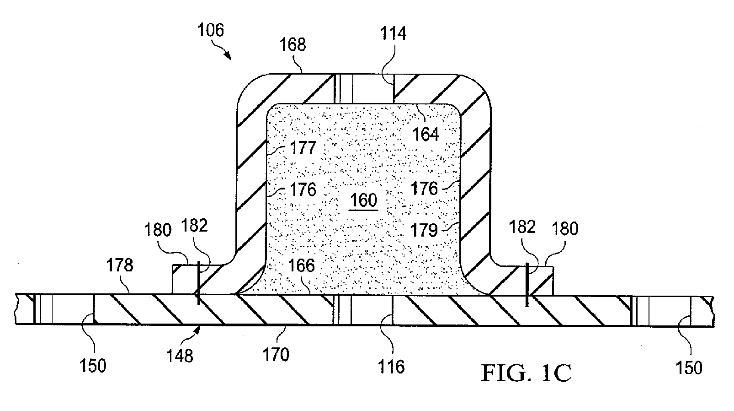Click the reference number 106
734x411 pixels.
coord(211,30)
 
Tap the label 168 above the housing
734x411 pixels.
coord(293,44)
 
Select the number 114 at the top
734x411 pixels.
coord(393,33)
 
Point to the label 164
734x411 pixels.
coord(426,134)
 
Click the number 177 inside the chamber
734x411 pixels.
coord(303,148)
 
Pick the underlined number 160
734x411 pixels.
coord(364,200)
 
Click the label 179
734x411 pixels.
coord(424,230)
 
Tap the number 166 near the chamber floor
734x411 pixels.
coord(301,265)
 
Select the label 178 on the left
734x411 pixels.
coord(120,265)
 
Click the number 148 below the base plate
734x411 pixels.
coord(180,356)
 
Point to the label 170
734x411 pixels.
coord(276,355)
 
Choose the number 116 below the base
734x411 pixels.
coord(391,367)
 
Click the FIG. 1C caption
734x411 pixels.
coord(526,373)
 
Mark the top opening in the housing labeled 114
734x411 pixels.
coord(363,89)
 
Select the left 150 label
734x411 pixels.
coord(93,366)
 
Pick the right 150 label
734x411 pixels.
coord(689,368)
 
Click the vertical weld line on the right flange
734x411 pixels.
coord(527,284)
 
